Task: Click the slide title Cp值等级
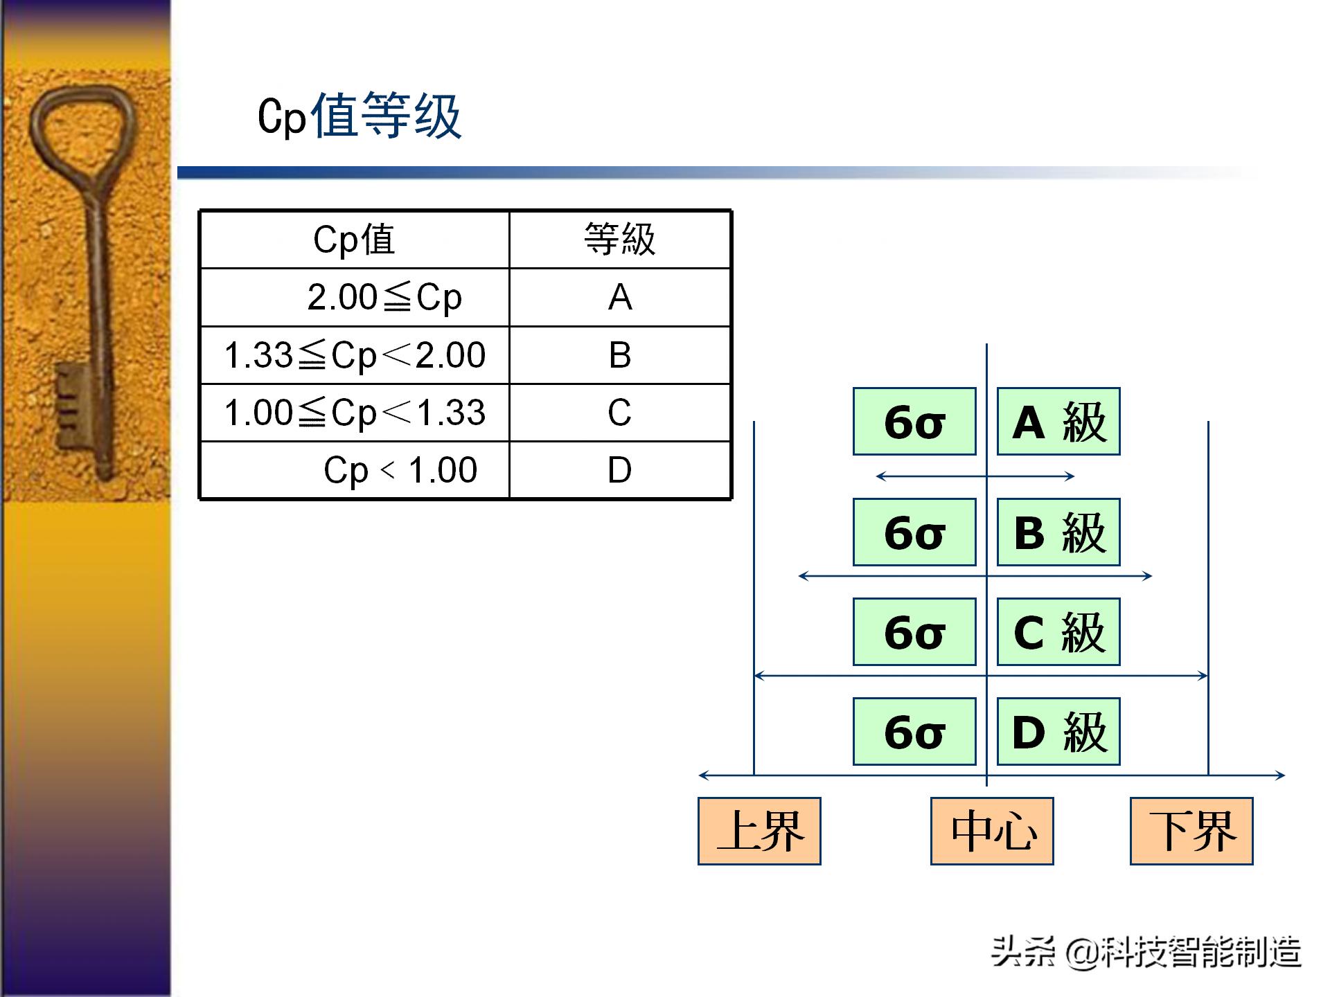(x=359, y=116)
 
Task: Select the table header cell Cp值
(x=354, y=240)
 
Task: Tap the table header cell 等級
(x=619, y=240)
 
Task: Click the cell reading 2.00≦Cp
(x=384, y=298)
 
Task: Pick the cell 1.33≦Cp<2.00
(x=355, y=355)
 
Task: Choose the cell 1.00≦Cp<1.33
(x=355, y=413)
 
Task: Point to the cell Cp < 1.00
(x=400, y=470)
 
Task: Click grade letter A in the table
(x=619, y=298)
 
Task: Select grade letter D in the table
(x=619, y=470)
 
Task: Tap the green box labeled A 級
(x=1058, y=422)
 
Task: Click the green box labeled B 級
(x=1058, y=532)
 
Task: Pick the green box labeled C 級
(x=1058, y=632)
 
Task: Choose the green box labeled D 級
(x=1058, y=732)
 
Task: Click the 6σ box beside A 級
(x=914, y=422)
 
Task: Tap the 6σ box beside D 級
(x=914, y=732)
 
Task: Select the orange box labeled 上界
(x=759, y=831)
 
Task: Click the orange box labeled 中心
(x=992, y=831)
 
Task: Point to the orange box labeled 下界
(x=1191, y=831)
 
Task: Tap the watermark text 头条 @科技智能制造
(x=1146, y=952)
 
